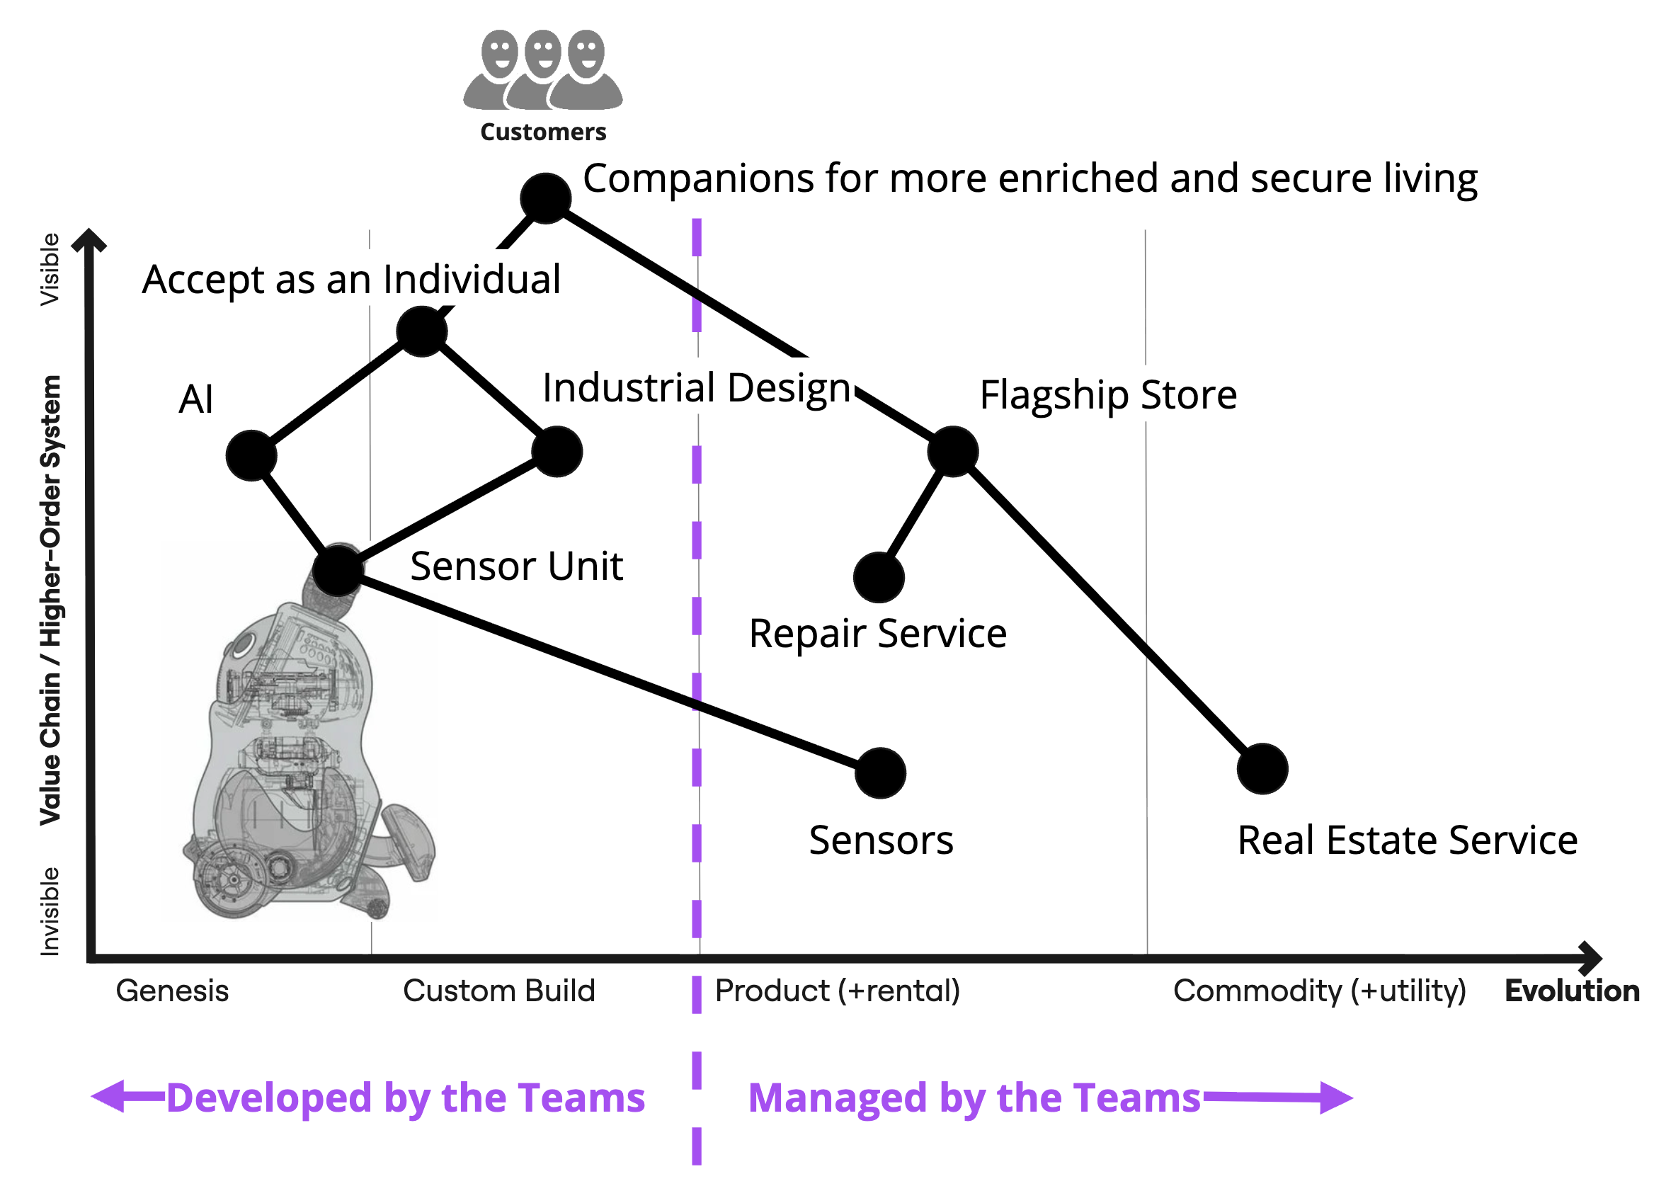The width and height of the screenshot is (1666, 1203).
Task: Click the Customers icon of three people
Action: pyautogui.click(x=542, y=70)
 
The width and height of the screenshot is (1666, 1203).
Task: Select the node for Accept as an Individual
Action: pyautogui.click(x=422, y=331)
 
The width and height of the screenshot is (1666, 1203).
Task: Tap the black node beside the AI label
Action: pyautogui.click(x=251, y=455)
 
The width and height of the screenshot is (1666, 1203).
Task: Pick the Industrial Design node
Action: pyautogui.click(x=557, y=451)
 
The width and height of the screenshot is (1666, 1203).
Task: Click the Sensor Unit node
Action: pyautogui.click(x=338, y=569)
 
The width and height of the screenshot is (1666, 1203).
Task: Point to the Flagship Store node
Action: pyautogui.click(x=953, y=451)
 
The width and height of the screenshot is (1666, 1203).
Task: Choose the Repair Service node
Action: pyautogui.click(x=879, y=577)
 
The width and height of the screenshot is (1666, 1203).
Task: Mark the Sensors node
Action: pyautogui.click(x=880, y=772)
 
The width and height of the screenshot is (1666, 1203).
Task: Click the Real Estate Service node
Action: pyautogui.click(x=1262, y=768)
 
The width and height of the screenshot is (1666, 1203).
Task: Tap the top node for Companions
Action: pyautogui.click(x=545, y=198)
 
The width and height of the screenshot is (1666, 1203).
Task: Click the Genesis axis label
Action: pyautogui.click(x=173, y=991)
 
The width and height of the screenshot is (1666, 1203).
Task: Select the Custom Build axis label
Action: pyautogui.click(x=498, y=991)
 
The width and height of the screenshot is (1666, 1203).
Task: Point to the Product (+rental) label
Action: pyautogui.click(x=838, y=991)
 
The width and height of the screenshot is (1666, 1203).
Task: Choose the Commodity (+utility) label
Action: pyautogui.click(x=1319, y=991)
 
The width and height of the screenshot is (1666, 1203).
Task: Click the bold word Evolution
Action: pyautogui.click(x=1572, y=991)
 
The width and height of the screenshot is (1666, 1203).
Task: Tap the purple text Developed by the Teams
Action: pyautogui.click(x=406, y=1097)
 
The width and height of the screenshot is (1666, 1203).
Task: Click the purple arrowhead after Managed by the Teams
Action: pyautogui.click(x=1335, y=1097)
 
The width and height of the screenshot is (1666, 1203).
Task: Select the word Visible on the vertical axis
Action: pyautogui.click(x=50, y=269)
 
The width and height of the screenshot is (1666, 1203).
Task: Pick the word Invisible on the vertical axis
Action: pyautogui.click(x=50, y=911)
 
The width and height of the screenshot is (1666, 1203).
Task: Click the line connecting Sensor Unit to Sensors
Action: pyautogui.click(x=610, y=671)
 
